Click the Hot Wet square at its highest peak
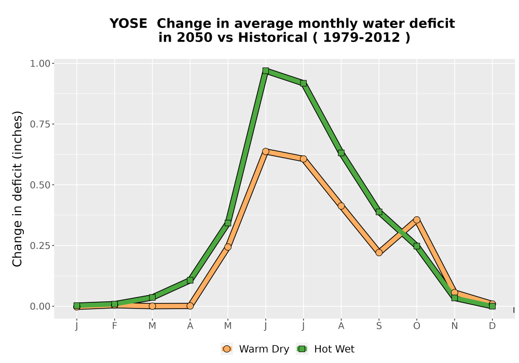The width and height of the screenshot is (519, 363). (x=265, y=71)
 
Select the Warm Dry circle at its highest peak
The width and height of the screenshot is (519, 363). (x=265, y=151)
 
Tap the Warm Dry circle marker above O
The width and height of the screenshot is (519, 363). (x=417, y=220)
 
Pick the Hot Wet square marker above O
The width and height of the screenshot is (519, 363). (x=417, y=246)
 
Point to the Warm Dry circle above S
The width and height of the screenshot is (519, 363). (x=379, y=253)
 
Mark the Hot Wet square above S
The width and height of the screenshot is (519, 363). (x=379, y=212)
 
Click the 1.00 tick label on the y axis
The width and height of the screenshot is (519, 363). (x=40, y=63)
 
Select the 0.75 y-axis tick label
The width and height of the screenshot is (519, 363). (x=40, y=124)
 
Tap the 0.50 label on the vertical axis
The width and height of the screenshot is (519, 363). (x=40, y=185)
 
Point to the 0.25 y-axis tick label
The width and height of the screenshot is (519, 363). (x=40, y=246)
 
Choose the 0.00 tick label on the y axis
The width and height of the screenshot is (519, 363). (x=40, y=306)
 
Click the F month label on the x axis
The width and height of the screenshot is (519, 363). (x=115, y=326)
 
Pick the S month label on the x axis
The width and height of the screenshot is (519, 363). (x=379, y=326)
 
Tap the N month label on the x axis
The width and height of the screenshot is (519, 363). (x=455, y=326)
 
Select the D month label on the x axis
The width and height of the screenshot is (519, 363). (x=492, y=326)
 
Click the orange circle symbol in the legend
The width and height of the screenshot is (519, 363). (x=227, y=349)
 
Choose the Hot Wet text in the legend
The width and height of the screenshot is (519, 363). (x=334, y=349)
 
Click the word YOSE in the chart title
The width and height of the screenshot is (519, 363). (x=128, y=23)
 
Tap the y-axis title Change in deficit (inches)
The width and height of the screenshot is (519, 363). (x=17, y=189)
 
